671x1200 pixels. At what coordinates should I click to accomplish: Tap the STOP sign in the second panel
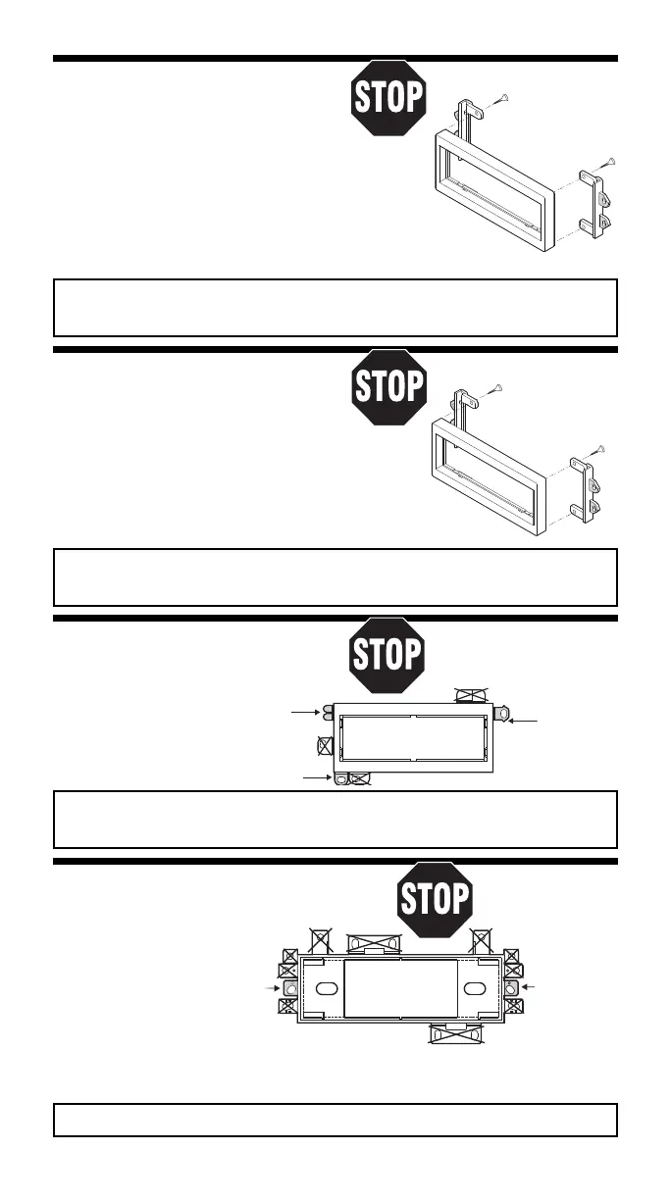[x=388, y=385]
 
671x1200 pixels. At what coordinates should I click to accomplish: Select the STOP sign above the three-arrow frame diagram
[x=388, y=654]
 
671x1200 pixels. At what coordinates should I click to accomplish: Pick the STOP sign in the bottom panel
[x=435, y=899]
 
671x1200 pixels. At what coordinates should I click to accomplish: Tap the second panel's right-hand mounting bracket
[x=592, y=492]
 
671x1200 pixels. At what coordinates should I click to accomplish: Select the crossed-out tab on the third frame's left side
[x=326, y=746]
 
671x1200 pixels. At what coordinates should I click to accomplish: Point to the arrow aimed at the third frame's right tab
[x=526, y=721]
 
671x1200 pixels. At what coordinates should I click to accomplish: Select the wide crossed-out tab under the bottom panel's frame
[x=457, y=1034]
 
